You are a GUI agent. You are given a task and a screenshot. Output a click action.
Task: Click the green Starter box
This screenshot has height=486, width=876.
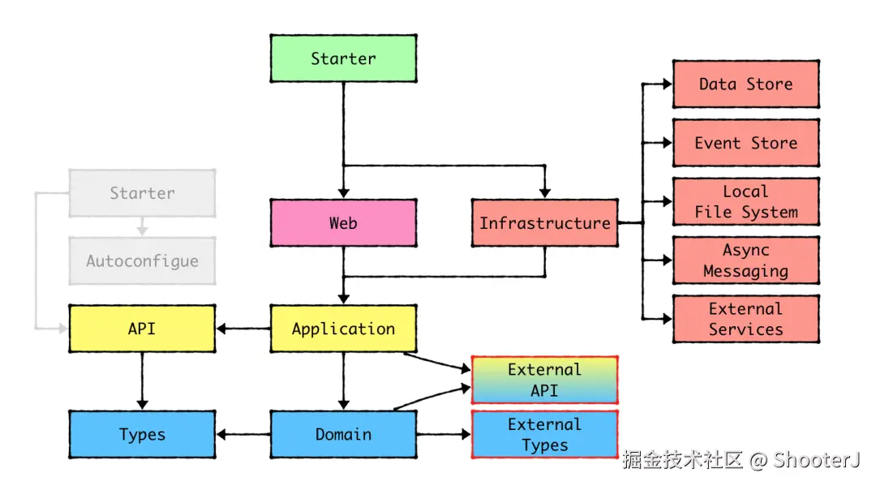(343, 58)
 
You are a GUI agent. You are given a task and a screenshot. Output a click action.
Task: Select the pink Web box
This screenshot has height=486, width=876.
(343, 223)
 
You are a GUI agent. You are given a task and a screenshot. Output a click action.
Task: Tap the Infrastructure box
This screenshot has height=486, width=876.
(544, 223)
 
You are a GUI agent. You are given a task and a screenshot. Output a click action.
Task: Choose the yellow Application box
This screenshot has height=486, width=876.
(343, 329)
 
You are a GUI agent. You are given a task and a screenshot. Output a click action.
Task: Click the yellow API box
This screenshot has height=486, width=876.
(142, 329)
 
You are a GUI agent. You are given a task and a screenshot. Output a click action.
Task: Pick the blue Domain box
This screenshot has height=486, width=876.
(343, 435)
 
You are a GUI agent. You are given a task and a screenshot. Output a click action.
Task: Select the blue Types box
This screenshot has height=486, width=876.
(142, 435)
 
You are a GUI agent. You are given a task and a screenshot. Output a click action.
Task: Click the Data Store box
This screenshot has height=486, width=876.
(745, 84)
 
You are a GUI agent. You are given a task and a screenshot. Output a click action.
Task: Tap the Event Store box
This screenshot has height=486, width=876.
(745, 143)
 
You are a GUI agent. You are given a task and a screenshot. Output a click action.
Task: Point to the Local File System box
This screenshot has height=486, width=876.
(745, 202)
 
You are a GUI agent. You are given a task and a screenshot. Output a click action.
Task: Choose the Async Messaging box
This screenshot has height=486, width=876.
(745, 260)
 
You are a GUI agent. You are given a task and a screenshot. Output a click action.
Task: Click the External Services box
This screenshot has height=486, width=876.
(745, 319)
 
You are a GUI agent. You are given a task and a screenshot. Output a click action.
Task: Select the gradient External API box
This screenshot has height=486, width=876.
(544, 380)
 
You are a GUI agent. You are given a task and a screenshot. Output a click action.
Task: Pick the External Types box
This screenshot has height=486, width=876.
(544, 435)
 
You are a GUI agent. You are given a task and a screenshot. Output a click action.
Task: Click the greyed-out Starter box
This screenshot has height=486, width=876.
(142, 193)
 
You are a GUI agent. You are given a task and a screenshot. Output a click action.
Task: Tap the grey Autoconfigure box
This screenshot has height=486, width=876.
(142, 261)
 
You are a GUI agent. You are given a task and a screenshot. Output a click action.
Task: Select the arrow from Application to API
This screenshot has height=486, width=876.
(243, 329)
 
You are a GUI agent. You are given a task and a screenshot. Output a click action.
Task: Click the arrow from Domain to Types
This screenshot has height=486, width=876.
(243, 435)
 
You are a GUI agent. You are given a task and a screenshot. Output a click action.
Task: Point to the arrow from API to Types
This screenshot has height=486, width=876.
(142, 381)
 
